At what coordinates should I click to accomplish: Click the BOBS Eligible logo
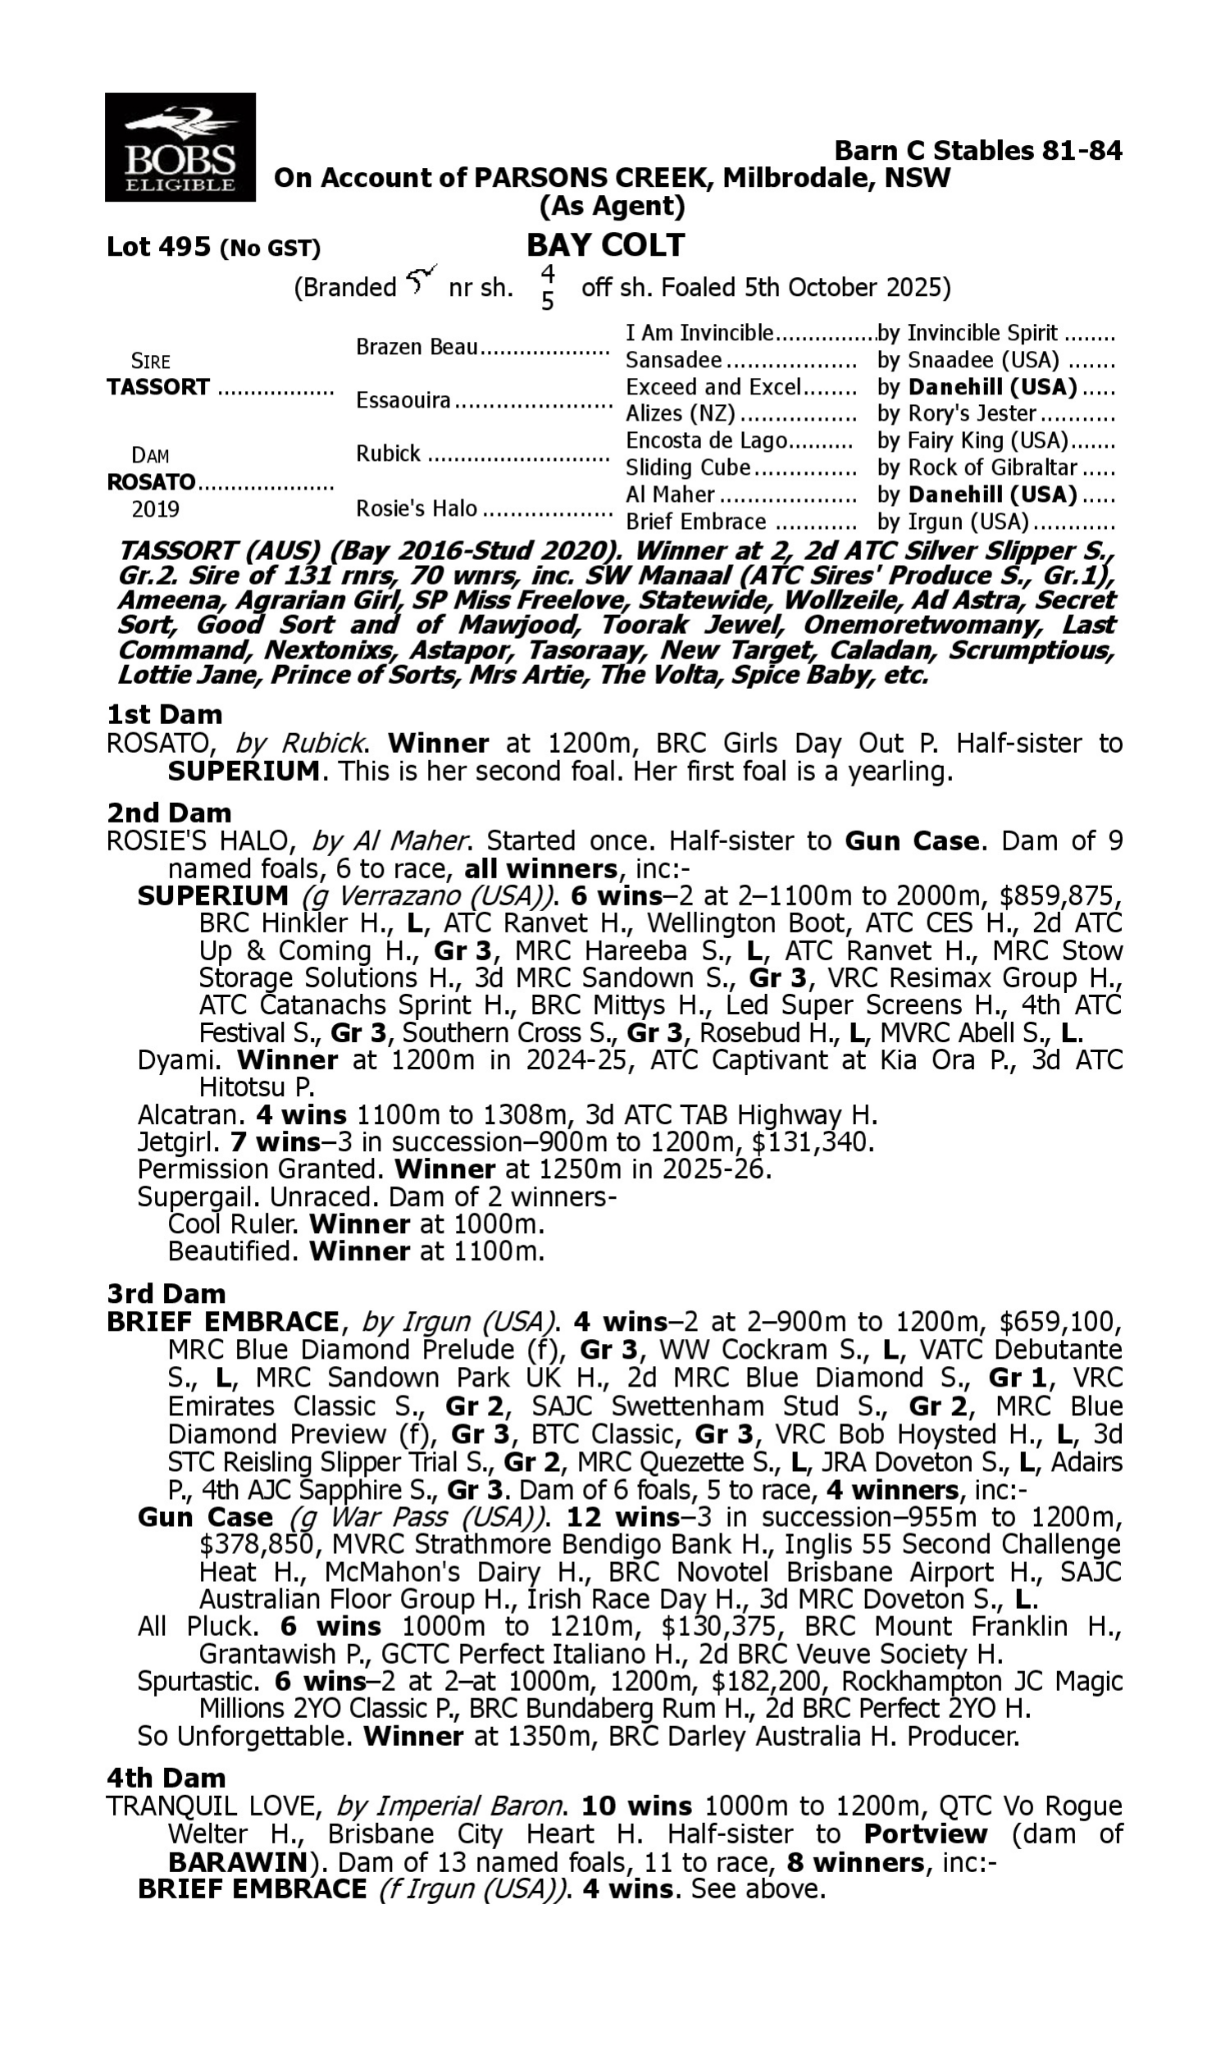coord(180,148)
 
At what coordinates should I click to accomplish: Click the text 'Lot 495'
coord(158,247)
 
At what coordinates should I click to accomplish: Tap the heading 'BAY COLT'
coord(606,245)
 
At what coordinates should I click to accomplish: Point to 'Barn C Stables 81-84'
coord(978,150)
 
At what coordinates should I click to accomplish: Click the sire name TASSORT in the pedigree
coord(158,387)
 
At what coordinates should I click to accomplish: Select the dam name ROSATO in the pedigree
coord(151,481)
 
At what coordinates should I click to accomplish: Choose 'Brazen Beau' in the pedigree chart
coord(417,346)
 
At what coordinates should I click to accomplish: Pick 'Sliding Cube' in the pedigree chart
coord(688,467)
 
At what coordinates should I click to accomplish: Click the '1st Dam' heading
coord(164,714)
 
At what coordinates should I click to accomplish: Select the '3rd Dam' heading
coord(166,1292)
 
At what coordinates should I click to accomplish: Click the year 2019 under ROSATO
coord(155,508)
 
